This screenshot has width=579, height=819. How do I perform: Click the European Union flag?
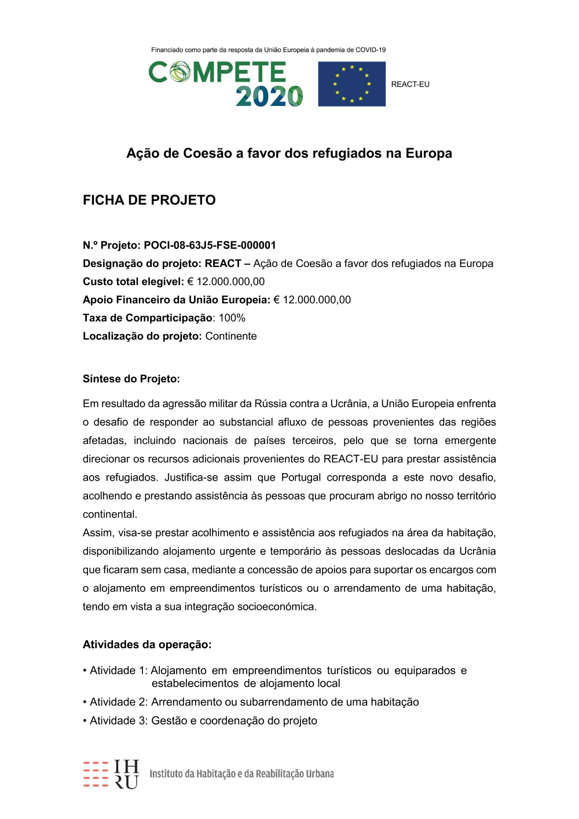[x=351, y=84]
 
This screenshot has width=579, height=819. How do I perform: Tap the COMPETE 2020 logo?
[x=226, y=84]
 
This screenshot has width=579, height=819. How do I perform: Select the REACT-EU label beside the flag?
[x=410, y=85]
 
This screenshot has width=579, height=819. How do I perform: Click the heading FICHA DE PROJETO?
[x=149, y=200]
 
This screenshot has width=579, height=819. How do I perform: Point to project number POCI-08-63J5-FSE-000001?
[x=210, y=246]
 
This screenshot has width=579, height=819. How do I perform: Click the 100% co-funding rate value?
[x=232, y=318]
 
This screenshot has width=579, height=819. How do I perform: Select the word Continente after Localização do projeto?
[x=230, y=337]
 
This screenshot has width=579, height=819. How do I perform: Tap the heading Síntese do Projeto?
[x=131, y=379]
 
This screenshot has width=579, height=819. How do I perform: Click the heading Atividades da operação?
[x=147, y=645]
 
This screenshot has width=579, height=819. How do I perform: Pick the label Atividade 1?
[x=119, y=671]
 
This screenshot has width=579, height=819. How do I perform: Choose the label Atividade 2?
[x=119, y=703]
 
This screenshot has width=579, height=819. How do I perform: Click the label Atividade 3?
[x=119, y=721]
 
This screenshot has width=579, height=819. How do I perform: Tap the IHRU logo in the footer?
[x=111, y=774]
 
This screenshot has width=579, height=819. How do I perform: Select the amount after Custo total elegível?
[x=226, y=282]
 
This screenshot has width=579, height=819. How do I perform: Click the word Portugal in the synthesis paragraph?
[x=301, y=478]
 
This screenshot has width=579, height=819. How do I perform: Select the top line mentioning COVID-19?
[x=268, y=50]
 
